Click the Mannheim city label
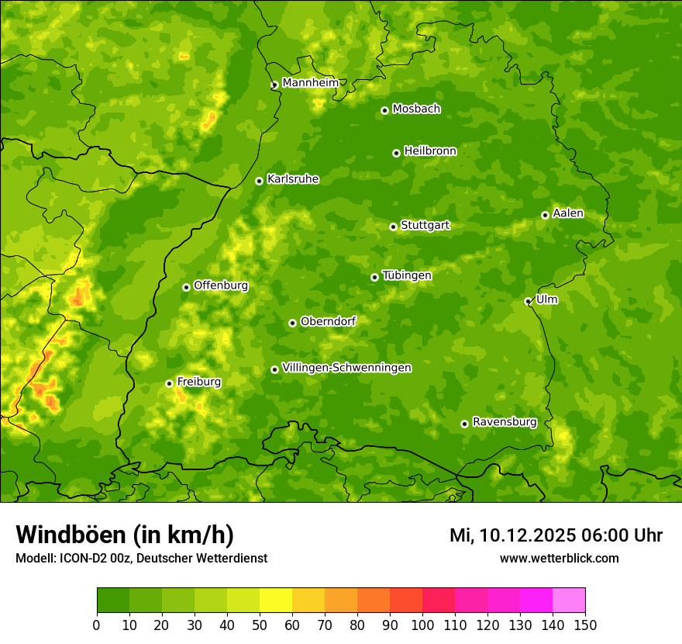click(310, 83)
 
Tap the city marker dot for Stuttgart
click(393, 227)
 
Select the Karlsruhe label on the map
click(293, 179)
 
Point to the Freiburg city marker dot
click(169, 383)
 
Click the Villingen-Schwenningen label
click(347, 368)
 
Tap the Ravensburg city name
click(505, 422)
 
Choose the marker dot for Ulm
click(528, 301)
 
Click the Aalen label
click(568, 213)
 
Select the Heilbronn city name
click(430, 151)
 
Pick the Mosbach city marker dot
click(384, 110)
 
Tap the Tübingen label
click(407, 275)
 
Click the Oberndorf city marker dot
click(292, 323)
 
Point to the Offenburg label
click(221, 286)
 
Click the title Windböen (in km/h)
click(125, 535)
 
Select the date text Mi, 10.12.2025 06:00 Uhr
click(556, 535)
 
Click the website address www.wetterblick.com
click(559, 559)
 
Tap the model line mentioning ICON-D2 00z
click(141, 559)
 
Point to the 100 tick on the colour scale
click(422, 625)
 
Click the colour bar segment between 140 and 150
click(569, 601)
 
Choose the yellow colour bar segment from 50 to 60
click(276, 601)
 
